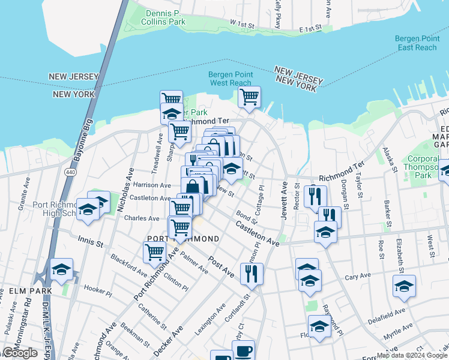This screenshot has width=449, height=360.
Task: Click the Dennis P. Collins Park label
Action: (163, 16)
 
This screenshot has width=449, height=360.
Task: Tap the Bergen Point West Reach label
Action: (230, 79)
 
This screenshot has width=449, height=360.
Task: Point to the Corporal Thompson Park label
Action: (424, 167)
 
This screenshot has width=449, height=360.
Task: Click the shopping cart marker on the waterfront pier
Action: (249, 96)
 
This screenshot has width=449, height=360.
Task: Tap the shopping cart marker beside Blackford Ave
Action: (154, 253)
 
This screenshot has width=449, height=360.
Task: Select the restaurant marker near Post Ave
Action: (252, 273)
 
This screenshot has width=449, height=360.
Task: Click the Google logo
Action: (20, 353)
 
